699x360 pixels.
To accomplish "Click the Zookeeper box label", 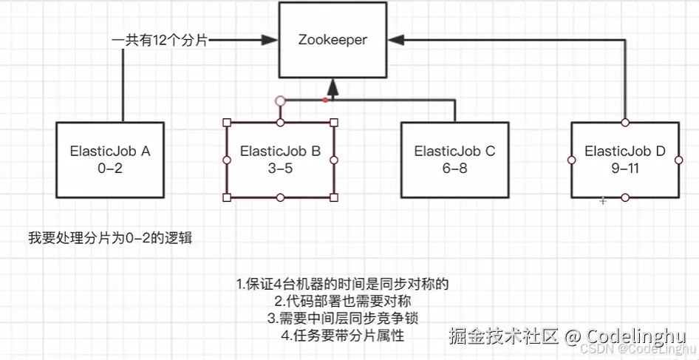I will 333,41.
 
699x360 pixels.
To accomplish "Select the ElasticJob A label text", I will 110,151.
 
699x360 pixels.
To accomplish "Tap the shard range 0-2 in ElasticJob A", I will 110,168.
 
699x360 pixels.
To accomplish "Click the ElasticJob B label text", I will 280,151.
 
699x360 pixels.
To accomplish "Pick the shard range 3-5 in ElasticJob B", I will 280,168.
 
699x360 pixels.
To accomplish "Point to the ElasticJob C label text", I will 454,151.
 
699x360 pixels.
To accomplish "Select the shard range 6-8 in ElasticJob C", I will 454,168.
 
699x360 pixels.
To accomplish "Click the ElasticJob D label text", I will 625,151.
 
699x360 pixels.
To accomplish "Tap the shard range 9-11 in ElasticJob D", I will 625,168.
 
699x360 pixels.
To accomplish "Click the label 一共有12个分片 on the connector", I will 160,41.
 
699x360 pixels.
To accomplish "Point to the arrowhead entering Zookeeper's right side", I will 395,41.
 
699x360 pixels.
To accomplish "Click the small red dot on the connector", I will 325,99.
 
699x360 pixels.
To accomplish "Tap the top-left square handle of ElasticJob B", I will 227,122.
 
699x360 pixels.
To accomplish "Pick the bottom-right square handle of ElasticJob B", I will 334,197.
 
